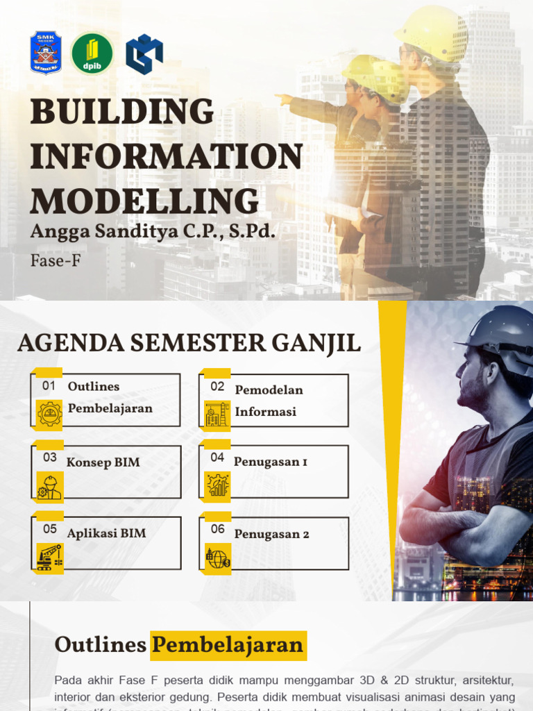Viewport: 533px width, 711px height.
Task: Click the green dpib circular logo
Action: (92, 53)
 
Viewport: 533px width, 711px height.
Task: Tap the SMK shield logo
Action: (46, 53)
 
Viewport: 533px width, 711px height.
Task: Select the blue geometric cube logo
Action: (144, 53)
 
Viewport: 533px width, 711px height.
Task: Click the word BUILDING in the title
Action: (122, 113)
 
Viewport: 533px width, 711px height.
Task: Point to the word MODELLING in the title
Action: (144, 201)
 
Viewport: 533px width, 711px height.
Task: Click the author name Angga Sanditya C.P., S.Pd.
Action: (153, 232)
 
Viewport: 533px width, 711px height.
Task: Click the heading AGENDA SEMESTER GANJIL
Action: (189, 343)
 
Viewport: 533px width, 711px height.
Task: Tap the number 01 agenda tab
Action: (49, 385)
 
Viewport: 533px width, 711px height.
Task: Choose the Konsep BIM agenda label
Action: (103, 462)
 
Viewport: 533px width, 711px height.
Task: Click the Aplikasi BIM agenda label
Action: (106, 533)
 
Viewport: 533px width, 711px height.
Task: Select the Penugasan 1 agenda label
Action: (270, 462)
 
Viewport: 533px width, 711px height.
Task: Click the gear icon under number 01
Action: (49, 414)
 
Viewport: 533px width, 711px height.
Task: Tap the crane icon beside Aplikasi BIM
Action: (49, 557)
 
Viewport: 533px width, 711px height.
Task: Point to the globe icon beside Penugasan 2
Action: (217, 558)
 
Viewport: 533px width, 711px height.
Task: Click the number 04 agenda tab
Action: (217, 458)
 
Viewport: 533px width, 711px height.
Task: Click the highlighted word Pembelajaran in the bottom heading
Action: (228, 645)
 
